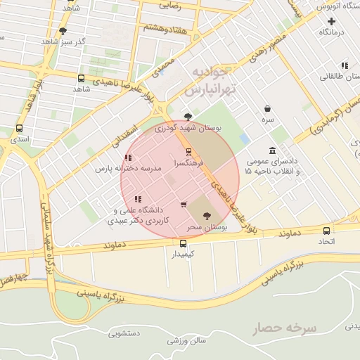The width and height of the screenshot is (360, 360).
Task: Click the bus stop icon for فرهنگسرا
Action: coord(188,152)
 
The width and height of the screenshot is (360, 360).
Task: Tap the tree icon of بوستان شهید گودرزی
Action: coord(187,117)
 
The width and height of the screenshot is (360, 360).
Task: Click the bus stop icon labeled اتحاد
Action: coord(326,231)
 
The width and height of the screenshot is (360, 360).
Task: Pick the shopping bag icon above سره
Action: coord(268,109)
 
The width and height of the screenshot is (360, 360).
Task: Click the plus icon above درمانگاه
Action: coord(331,22)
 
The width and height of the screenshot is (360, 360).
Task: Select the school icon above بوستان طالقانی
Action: coord(344,65)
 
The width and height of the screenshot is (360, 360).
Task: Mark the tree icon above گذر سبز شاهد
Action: coord(63,31)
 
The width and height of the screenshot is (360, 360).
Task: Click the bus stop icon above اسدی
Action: coord(19,129)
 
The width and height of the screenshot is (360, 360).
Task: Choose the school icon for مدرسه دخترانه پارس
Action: coord(128,158)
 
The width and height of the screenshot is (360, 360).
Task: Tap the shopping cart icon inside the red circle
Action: coord(184,205)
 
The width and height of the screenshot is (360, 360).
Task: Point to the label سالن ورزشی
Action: coord(186,341)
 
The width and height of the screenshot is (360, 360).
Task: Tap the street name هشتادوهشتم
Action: coord(167,27)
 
